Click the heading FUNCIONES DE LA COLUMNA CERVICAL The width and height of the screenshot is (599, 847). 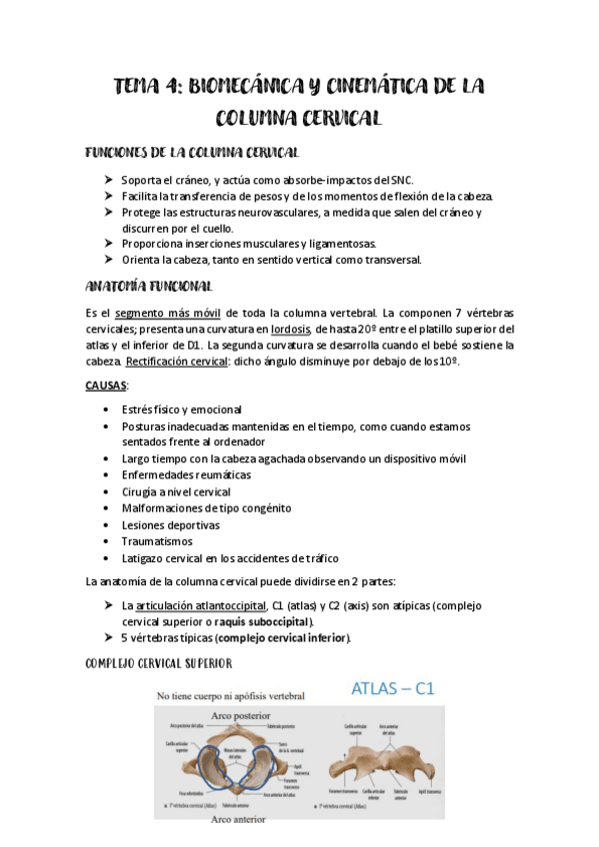click(x=192, y=152)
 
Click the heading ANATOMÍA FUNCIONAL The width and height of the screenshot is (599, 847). click(x=148, y=287)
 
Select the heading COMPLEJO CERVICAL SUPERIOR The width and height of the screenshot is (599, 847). click(x=160, y=663)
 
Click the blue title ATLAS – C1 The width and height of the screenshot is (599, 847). click(x=392, y=689)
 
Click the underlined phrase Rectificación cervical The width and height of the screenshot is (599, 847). click(x=177, y=362)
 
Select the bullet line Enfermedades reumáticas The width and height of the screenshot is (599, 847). click(x=186, y=475)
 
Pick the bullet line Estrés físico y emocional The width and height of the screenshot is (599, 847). click(x=181, y=410)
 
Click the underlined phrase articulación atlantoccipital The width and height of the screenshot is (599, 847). click(x=201, y=605)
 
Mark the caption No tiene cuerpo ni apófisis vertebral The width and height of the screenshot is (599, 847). click(x=230, y=695)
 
